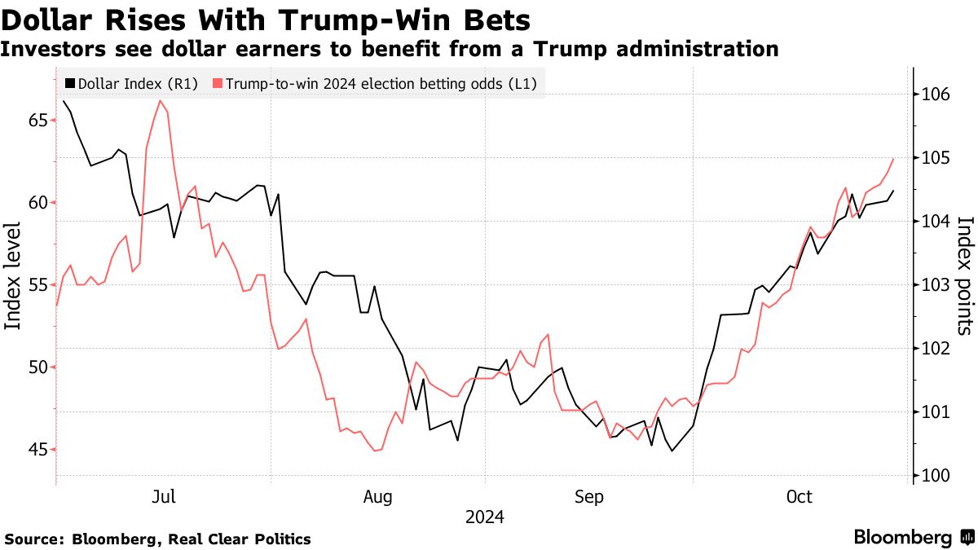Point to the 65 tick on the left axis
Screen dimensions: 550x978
[37, 121]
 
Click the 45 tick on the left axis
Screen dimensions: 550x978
[37, 450]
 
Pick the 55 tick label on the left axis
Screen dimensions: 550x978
[37, 285]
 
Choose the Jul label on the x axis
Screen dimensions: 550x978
[165, 497]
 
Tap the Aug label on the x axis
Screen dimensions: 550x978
[378, 497]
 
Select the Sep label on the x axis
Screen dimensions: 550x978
[589, 497]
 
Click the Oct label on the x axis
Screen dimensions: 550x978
[800, 497]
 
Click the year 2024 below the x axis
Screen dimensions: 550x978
[484, 517]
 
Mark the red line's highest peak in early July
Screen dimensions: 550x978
[160, 101]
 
